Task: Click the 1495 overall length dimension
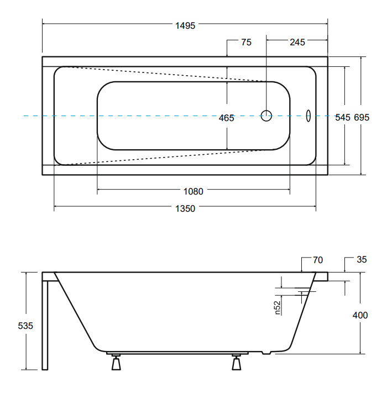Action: coord(185,25)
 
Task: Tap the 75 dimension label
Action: coord(247,42)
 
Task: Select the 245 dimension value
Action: coord(297,42)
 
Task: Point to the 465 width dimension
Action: coord(226,118)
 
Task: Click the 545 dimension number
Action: coord(343,117)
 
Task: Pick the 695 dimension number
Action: coord(362,117)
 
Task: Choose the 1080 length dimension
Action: coord(193,191)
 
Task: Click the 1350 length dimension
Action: coord(185,208)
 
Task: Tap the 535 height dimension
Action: coord(25,326)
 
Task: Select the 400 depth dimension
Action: coord(360,315)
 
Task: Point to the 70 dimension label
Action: coord(318,260)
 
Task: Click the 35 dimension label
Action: coord(362,259)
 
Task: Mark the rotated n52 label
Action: coord(277,307)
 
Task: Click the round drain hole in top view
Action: coord(266,116)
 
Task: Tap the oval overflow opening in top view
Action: coord(308,116)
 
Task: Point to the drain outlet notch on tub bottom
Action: coord(266,353)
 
